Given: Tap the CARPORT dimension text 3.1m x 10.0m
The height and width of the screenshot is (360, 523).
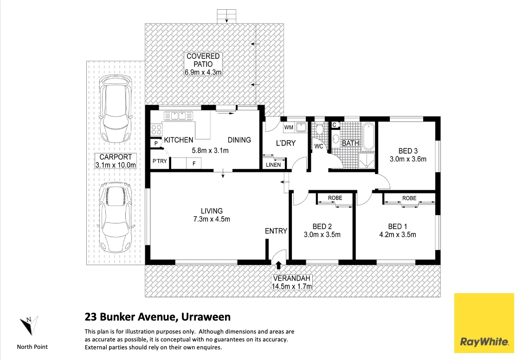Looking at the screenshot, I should [116, 165].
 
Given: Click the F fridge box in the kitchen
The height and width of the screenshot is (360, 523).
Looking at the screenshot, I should [194, 163].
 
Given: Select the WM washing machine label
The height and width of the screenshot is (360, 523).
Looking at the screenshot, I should [288, 127].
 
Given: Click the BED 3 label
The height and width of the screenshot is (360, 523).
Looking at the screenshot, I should [408, 151].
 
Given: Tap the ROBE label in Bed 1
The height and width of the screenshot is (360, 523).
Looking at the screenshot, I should [409, 198].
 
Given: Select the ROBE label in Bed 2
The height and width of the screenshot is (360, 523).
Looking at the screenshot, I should [335, 198].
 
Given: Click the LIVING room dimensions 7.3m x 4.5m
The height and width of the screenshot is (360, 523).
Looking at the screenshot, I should [212, 219].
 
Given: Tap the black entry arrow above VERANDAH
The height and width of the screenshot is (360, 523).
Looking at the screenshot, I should [278, 265].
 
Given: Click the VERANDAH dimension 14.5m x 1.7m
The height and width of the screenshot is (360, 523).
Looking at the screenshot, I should [292, 286].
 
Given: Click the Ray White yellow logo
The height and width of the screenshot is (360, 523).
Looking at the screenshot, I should [484, 323].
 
